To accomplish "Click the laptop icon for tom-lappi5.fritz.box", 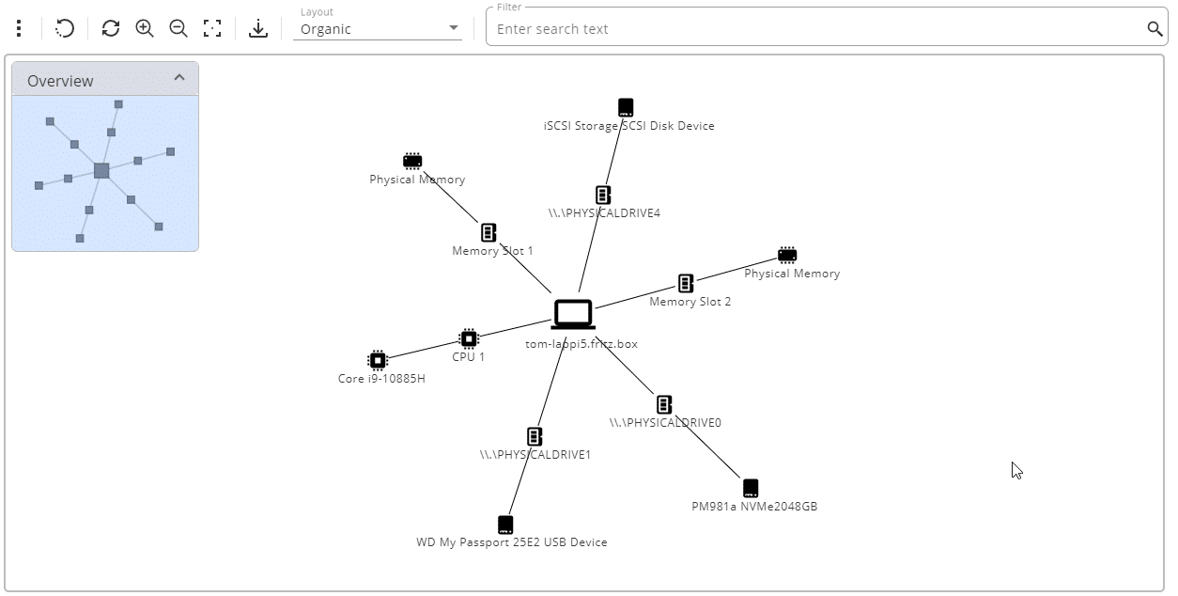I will (x=572, y=314).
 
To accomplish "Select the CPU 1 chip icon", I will (x=469, y=338).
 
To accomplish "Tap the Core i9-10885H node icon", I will (x=378, y=360).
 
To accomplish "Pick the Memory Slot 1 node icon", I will (x=488, y=232).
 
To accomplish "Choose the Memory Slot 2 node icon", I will (x=686, y=283).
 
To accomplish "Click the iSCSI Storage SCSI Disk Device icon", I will (x=626, y=107).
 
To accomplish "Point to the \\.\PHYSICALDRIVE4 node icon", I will (x=603, y=195).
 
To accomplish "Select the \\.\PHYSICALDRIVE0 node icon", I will (x=664, y=404).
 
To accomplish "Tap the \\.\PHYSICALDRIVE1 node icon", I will (x=535, y=436).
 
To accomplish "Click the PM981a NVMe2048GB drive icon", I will (x=750, y=488).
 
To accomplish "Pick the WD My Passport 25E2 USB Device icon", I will (x=505, y=524).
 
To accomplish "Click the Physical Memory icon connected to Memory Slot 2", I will (x=787, y=255).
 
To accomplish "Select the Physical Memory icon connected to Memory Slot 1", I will (x=412, y=161).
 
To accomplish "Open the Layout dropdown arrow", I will (x=455, y=28).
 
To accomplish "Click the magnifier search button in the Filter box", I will (x=1155, y=28).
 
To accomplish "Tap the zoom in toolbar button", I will (x=145, y=28).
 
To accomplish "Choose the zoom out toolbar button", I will (x=178, y=28).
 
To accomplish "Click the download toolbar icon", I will (x=258, y=28).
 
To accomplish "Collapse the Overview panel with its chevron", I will (x=179, y=78).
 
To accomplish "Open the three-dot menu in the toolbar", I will (x=19, y=28).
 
